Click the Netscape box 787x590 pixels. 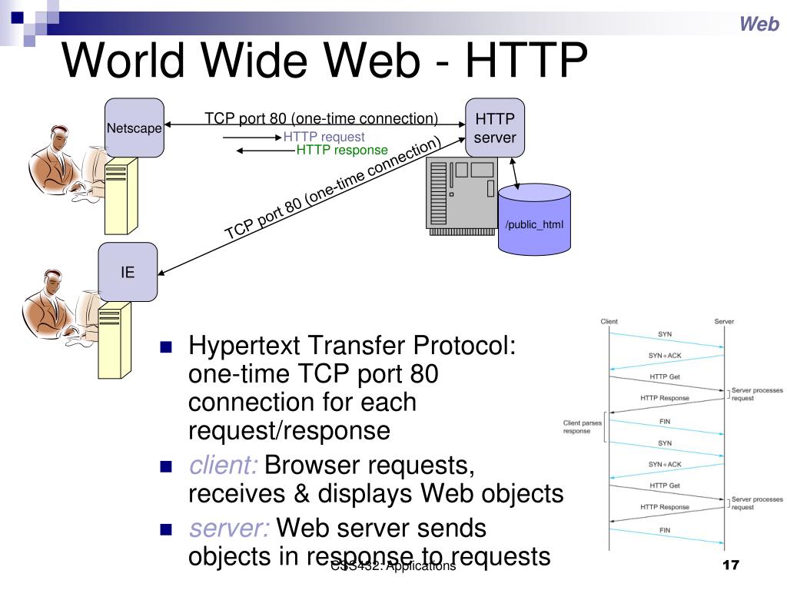click(x=134, y=128)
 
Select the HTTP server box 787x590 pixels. click(x=495, y=128)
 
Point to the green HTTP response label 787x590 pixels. click(x=342, y=151)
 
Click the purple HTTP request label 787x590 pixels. click(x=324, y=138)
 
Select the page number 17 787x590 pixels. click(x=731, y=566)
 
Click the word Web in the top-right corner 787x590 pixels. click(x=759, y=25)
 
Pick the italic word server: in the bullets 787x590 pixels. click(x=229, y=528)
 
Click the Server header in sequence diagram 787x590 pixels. click(x=724, y=321)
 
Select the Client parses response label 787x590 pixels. click(x=582, y=426)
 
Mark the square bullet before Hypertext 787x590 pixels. click(x=164, y=347)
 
